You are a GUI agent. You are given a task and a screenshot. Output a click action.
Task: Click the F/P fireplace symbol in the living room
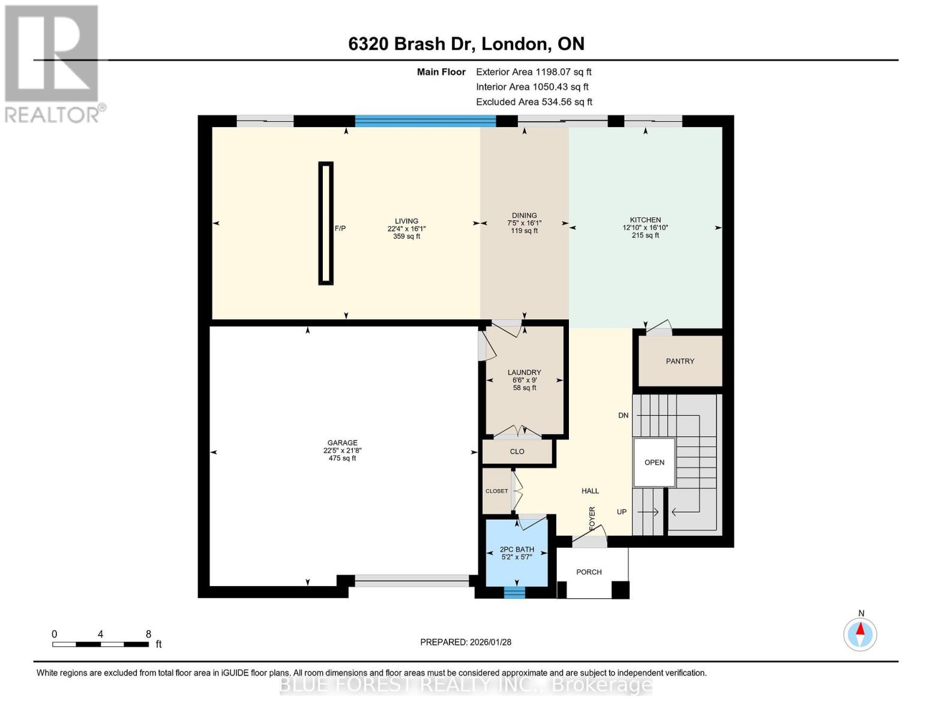(x=326, y=223)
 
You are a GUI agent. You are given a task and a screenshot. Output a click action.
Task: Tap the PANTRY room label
(x=680, y=361)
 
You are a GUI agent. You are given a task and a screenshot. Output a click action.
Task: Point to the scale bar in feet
(x=101, y=644)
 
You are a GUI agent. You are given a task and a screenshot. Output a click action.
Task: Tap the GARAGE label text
(x=342, y=443)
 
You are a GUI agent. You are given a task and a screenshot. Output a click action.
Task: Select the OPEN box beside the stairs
(x=654, y=462)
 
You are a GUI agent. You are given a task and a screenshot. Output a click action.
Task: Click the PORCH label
(x=589, y=572)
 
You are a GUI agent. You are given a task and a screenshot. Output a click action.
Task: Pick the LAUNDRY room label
(x=525, y=372)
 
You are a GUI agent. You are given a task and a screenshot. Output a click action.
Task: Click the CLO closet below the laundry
(x=517, y=452)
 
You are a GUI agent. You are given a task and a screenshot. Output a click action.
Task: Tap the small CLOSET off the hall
(x=496, y=491)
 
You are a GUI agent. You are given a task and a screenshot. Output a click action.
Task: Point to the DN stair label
(x=623, y=415)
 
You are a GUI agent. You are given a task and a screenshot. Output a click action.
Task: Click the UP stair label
(x=622, y=512)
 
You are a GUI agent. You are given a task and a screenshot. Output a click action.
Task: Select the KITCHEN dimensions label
(x=645, y=227)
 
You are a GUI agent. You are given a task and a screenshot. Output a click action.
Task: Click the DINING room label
(x=525, y=215)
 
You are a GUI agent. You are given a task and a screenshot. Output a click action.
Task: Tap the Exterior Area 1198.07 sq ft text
(x=534, y=72)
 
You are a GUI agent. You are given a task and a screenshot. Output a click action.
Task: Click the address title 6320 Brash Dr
(x=466, y=44)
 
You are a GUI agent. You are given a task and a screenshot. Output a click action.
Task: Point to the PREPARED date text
(x=466, y=642)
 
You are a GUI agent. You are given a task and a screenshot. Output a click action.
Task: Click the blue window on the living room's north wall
(x=425, y=121)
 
